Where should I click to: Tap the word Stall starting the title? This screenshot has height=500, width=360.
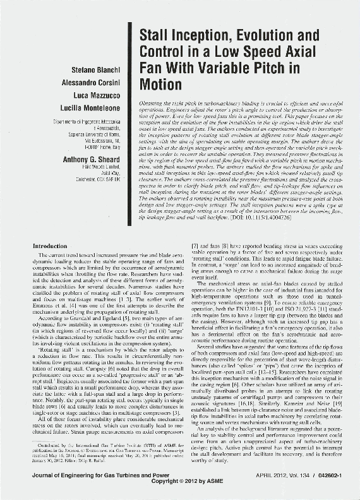(x=155, y=35)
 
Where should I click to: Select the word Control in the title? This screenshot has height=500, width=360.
(x=162, y=50)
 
